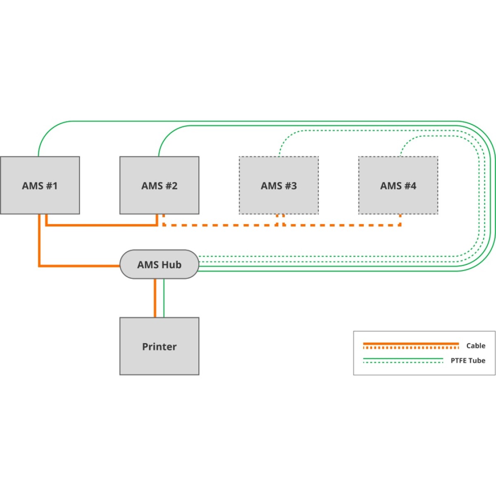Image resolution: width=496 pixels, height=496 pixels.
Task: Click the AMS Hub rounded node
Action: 159,265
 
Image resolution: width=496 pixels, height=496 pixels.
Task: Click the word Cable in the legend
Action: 475,346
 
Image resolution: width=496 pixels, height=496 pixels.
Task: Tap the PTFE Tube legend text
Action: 467,360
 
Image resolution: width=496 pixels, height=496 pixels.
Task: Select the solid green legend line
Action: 403,359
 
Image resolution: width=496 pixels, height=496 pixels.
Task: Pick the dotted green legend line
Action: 403,362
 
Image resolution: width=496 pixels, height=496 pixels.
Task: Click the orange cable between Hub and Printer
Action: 155,298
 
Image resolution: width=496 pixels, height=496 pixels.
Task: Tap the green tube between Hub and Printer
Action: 164,298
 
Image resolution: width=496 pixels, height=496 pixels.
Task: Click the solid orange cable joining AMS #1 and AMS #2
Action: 101,225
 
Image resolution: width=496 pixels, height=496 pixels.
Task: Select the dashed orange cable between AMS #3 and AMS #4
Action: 343,225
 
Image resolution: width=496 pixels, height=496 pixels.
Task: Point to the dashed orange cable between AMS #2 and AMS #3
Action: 219,225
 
